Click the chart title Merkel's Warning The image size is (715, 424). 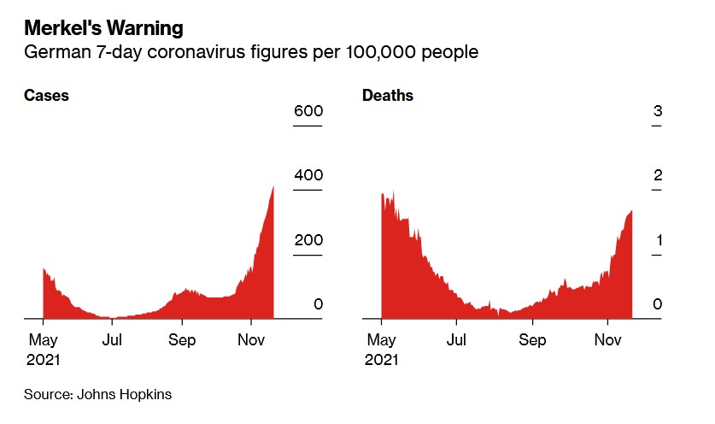[x=103, y=28]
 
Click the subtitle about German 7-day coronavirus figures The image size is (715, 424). [x=250, y=53]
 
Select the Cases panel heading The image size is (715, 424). [x=45, y=96]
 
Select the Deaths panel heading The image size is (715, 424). [x=388, y=96]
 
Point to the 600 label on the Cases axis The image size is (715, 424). [x=308, y=111]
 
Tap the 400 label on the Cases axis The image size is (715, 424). [x=308, y=175]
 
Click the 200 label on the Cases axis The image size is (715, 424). [x=308, y=240]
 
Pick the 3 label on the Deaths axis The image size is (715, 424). [x=658, y=111]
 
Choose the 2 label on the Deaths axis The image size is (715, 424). [x=658, y=175]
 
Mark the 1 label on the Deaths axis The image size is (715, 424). [x=658, y=240]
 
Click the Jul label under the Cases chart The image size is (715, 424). [x=112, y=340]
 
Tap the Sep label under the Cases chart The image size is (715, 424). [x=181, y=340]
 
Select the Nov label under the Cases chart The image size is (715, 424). [x=251, y=340]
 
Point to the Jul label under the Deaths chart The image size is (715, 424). [x=456, y=340]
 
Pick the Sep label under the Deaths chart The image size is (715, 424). [x=532, y=340]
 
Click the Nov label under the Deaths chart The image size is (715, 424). [x=607, y=340]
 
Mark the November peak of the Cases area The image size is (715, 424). [x=273, y=188]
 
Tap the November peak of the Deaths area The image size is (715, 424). [x=630, y=212]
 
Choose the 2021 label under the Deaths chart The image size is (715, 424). [x=381, y=360]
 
